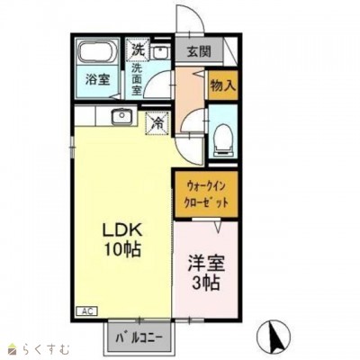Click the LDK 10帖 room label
(122, 240)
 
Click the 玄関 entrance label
(200, 51)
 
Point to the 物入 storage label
(223, 85)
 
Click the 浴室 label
(98, 80)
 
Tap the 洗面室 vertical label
(137, 79)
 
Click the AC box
(87, 310)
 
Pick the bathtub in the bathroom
(98, 52)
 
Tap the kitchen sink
(122, 117)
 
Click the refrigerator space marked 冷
(157, 123)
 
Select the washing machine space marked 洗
(138, 49)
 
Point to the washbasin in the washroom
(161, 53)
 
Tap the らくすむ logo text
(49, 349)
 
